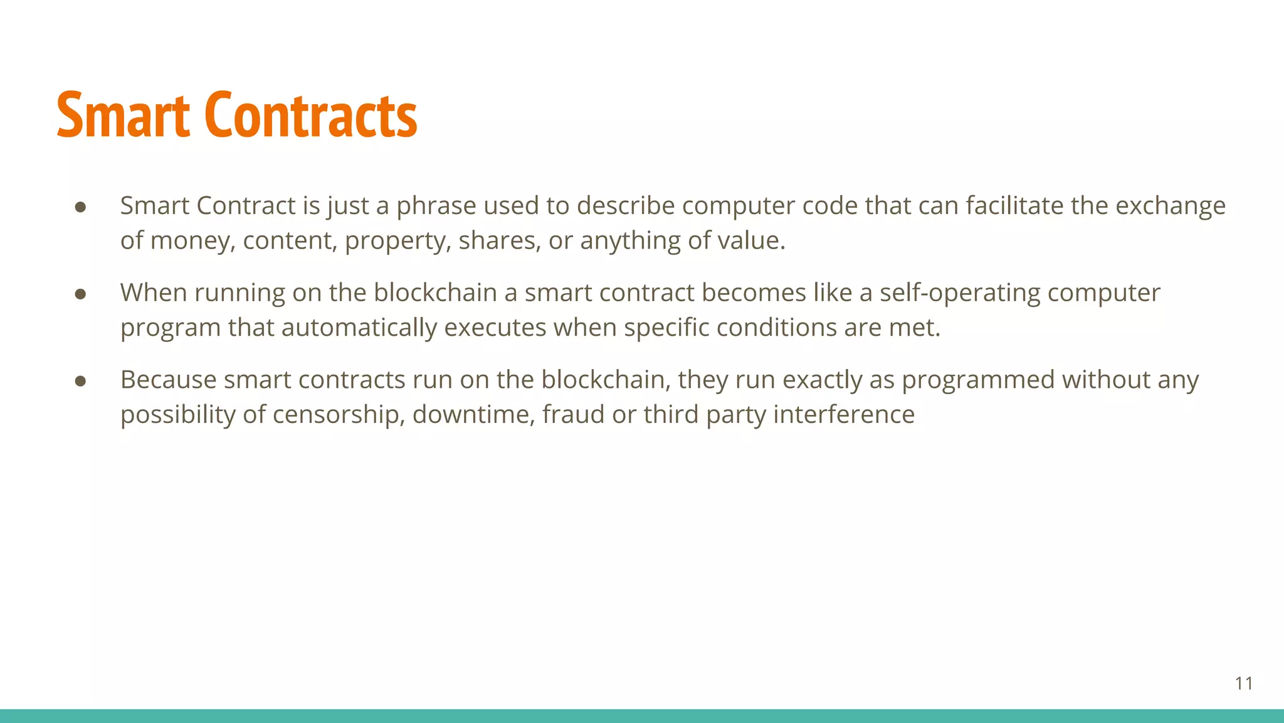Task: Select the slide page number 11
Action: click(x=1244, y=683)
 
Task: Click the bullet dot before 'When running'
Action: click(x=80, y=294)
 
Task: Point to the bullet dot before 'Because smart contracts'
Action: click(x=80, y=381)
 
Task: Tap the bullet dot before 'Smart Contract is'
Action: click(x=80, y=206)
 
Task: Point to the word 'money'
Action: click(x=192, y=241)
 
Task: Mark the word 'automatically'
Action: click(x=359, y=328)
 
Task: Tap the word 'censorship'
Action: click(x=338, y=415)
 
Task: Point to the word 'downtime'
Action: click(x=473, y=415)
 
